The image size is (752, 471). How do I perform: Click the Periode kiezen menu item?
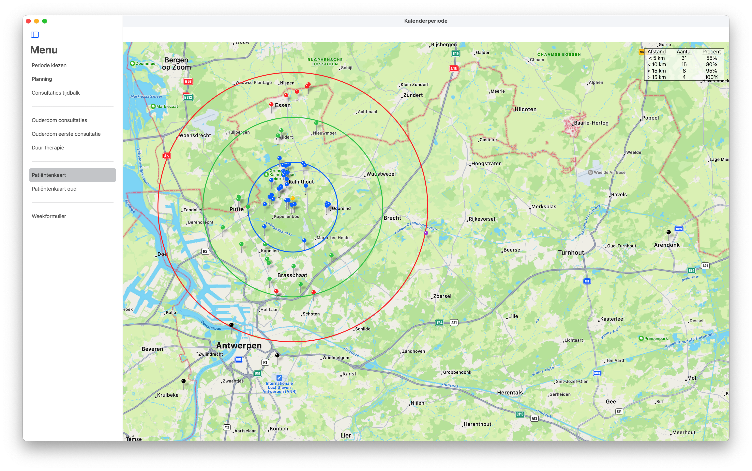(49, 65)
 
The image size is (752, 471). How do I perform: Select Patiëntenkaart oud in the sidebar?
(54, 189)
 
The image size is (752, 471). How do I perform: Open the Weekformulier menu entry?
(49, 216)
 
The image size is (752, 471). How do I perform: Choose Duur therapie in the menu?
(48, 148)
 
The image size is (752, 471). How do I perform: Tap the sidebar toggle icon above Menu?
(35, 35)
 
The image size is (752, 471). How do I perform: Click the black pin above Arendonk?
(668, 232)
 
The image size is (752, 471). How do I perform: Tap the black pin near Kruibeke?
(184, 381)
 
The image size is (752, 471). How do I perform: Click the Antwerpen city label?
(239, 345)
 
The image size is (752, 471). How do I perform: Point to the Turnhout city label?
(571, 253)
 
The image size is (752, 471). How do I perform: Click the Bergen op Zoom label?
(177, 64)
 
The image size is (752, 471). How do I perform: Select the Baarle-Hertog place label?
(591, 123)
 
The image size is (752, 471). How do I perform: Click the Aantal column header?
(684, 52)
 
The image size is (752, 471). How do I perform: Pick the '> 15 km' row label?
(657, 77)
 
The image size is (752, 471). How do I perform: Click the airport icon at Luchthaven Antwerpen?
(279, 378)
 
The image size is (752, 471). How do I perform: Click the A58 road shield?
(188, 81)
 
